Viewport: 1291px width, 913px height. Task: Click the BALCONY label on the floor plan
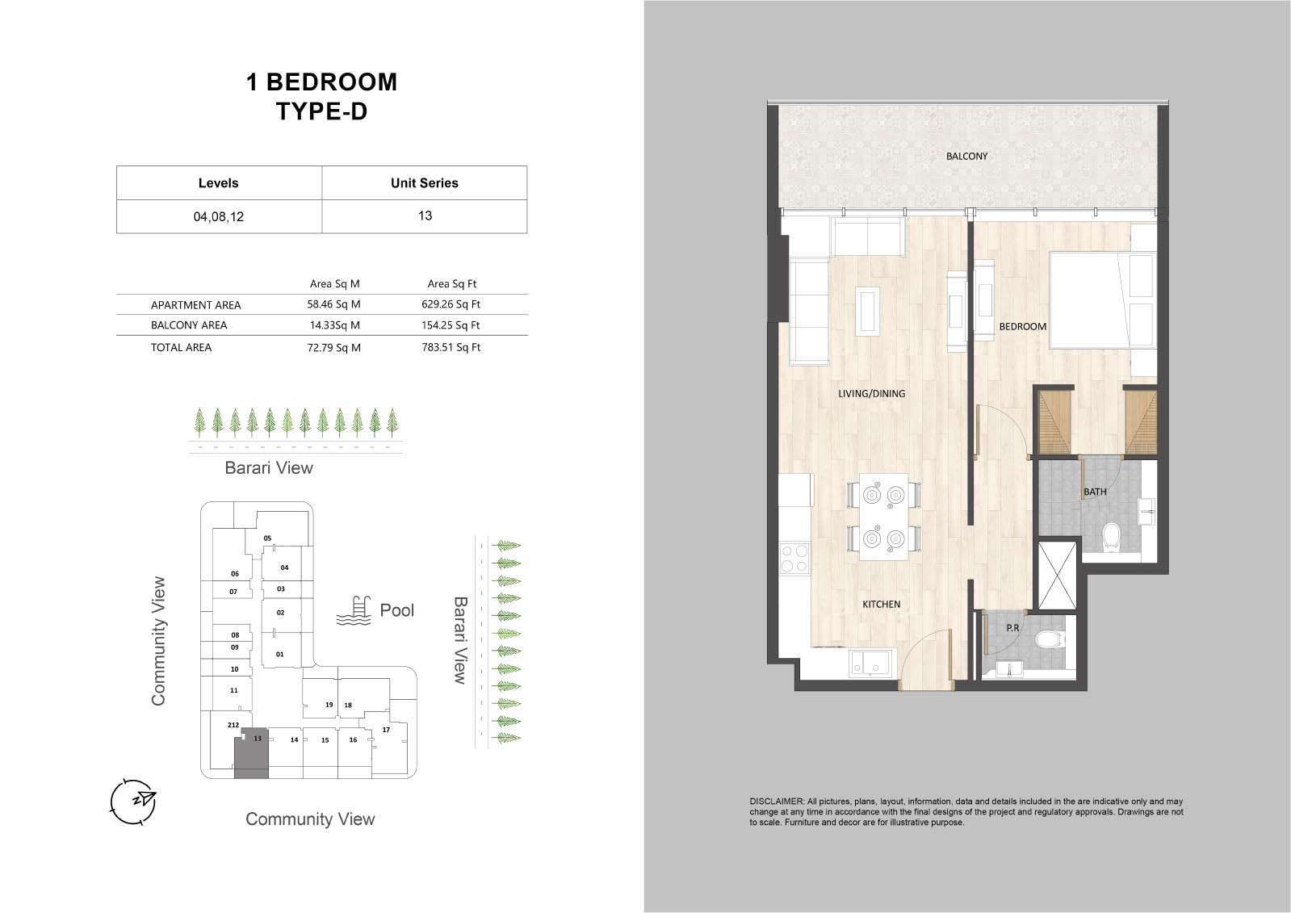point(966,156)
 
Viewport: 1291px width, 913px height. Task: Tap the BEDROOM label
point(1022,326)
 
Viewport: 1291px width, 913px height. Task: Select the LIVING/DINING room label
point(871,394)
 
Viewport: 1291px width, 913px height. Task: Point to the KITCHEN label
point(881,604)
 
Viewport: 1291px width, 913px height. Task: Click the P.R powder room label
point(1012,628)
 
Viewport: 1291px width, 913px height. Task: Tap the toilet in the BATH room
point(1109,537)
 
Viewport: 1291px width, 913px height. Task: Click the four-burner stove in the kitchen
point(794,559)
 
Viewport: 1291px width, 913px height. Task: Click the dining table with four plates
point(883,517)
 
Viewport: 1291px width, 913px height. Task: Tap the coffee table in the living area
point(868,312)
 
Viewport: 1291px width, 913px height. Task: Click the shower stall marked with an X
point(1057,575)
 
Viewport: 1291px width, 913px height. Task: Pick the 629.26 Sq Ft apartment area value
point(451,304)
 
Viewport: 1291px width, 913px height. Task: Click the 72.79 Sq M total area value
point(333,348)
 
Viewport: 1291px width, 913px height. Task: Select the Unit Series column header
point(424,183)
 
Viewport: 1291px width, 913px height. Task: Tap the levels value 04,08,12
point(219,216)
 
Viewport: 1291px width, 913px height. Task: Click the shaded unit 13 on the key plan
point(252,755)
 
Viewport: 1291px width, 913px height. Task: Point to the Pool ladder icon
point(354,611)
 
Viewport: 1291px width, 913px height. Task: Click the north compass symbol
point(133,802)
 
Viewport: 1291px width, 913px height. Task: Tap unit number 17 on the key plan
point(386,730)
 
